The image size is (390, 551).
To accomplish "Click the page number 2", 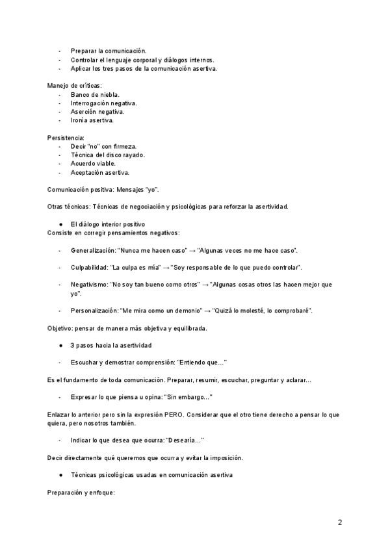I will tap(340, 522).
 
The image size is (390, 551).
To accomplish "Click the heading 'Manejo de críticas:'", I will tap(75, 86).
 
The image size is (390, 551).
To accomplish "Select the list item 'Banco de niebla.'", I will tap(95, 94).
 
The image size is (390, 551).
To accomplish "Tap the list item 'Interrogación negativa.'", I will tap(104, 103).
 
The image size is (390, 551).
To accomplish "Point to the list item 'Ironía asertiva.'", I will tap(92, 120).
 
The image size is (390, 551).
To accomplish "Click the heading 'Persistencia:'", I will tap(66, 138).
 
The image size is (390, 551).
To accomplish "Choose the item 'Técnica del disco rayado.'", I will tap(108, 155).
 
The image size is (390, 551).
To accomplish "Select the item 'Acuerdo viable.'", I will tap(93, 164).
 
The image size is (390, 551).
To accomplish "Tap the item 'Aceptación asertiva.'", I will tap(100, 172).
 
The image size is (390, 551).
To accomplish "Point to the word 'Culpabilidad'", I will tap(90, 267).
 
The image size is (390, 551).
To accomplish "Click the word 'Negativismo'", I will tap(89, 285).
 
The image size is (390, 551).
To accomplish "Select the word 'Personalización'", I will tap(95, 311).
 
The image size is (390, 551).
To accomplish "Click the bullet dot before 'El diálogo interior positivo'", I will tap(60, 224).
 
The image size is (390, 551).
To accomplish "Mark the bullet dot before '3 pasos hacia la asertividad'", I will tap(60, 345).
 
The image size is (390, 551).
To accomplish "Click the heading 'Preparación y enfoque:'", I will tap(81, 492).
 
